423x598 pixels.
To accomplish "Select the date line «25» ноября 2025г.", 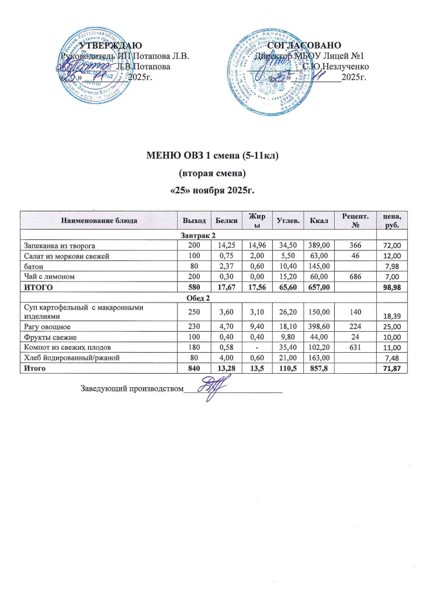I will (211, 190).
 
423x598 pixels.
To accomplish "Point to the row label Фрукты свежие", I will (50, 338).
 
